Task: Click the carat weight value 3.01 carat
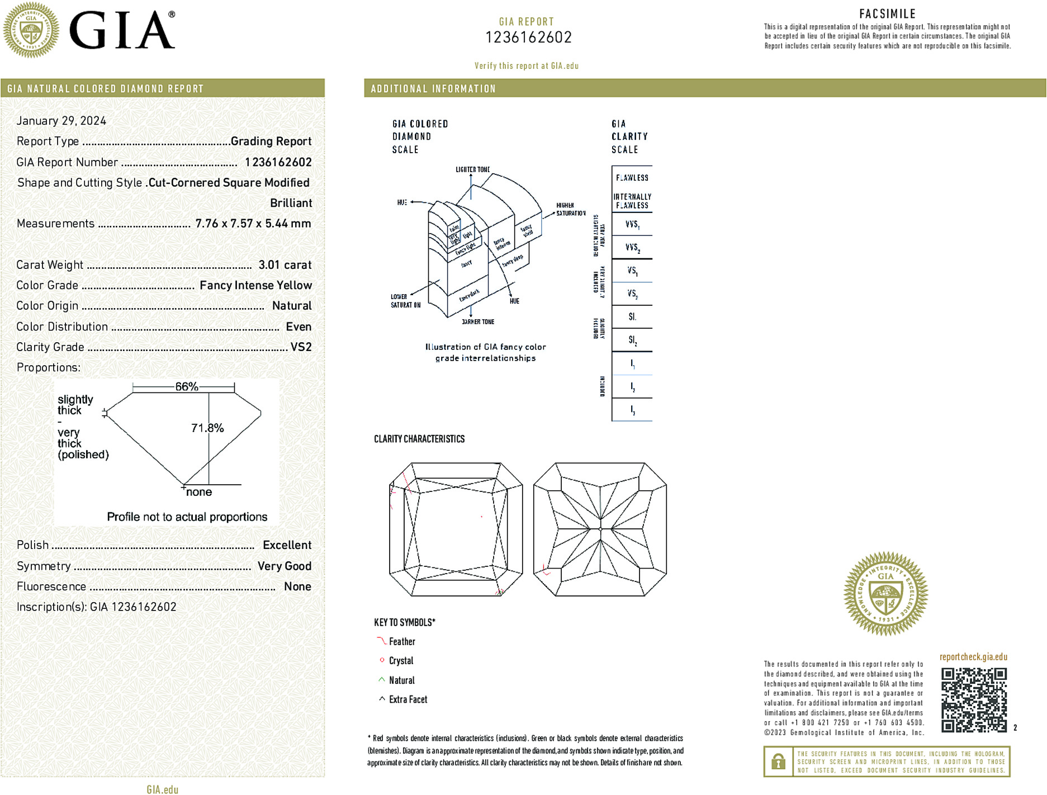285,265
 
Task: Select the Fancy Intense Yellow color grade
255,286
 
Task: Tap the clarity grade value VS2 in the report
301,347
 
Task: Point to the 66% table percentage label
187,386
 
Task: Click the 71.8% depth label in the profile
207,428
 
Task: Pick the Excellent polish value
287,545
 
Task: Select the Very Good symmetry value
284,566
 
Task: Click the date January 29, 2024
61,121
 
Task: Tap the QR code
974,699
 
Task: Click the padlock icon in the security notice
778,761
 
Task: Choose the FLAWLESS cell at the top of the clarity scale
632,178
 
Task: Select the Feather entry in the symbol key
402,642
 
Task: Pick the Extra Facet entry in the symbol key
408,699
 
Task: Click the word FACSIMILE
887,14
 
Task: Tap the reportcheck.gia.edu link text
973,657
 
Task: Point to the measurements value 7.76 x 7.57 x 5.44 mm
253,224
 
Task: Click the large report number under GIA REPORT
528,37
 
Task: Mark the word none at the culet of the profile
199,492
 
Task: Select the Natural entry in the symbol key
402,680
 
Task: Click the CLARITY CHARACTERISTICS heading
419,439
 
